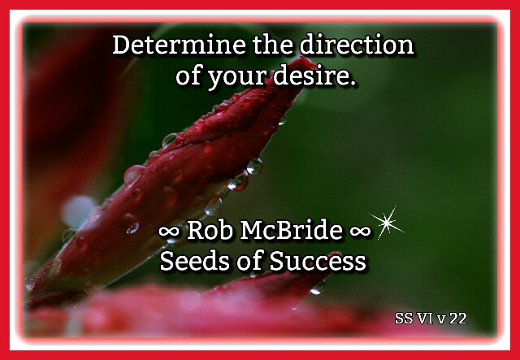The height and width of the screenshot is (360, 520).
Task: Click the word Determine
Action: click(179, 45)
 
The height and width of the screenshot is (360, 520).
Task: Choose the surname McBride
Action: click(291, 230)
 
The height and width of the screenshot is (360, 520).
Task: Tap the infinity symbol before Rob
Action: click(170, 232)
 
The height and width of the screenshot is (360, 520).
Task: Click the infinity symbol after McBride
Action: click(360, 232)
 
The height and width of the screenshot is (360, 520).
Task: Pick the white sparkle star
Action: click(387, 223)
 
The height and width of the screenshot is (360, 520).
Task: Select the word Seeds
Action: click(195, 261)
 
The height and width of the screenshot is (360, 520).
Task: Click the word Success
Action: click(318, 261)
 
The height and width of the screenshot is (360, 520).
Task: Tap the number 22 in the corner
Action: click(458, 319)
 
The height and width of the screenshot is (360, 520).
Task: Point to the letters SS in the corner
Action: click(405, 319)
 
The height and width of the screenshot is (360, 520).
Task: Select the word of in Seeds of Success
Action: click(249, 261)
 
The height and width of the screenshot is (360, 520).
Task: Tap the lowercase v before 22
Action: click(442, 320)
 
